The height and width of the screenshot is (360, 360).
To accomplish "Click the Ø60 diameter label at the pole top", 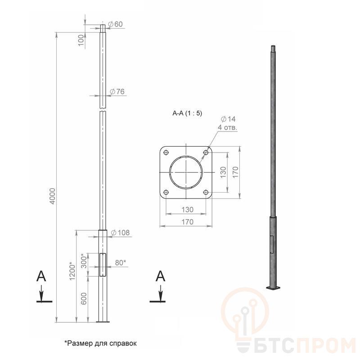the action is pyautogui.click(x=116, y=24).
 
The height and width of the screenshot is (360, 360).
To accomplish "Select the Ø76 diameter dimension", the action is pyautogui.click(x=117, y=92).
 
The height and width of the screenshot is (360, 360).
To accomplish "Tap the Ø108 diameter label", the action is pyautogui.click(x=120, y=233).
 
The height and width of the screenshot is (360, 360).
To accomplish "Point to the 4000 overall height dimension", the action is pyautogui.click(x=53, y=196).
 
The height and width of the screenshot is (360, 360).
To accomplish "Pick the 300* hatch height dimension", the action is pyautogui.click(x=84, y=261).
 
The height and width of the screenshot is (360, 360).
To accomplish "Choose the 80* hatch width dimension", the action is pyautogui.click(x=121, y=262).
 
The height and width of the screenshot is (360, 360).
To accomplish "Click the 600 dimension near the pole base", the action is pyautogui.click(x=84, y=298).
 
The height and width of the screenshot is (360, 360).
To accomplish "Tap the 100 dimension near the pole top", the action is pyautogui.click(x=81, y=40).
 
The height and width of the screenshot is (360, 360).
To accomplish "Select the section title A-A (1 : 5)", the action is pyautogui.click(x=187, y=113).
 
